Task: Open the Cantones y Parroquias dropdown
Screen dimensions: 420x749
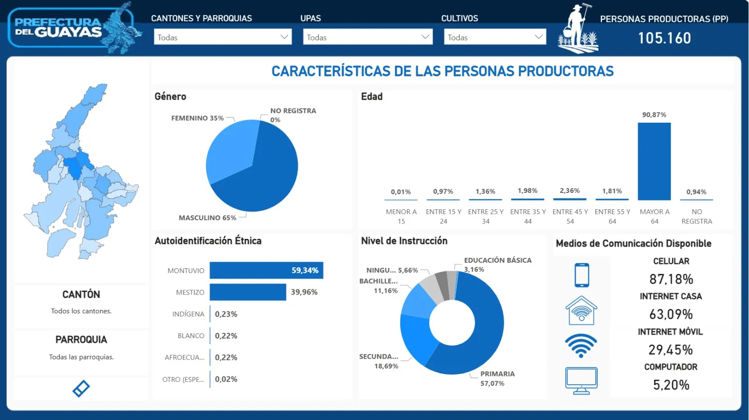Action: tap(222, 37)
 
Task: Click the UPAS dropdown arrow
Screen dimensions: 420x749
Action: tap(425, 37)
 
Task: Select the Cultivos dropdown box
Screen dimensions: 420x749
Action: tap(494, 37)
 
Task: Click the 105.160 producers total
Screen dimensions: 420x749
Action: tap(664, 38)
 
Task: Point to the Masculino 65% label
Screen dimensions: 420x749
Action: tap(207, 218)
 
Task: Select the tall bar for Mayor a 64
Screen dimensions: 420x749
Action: tap(654, 162)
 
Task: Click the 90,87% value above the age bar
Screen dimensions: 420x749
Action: tap(654, 115)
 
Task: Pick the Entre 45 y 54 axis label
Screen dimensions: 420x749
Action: tap(570, 216)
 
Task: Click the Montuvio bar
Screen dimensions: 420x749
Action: tap(266, 271)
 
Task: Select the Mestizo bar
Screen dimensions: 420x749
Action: tap(248, 292)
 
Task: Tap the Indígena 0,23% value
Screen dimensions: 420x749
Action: tap(226, 314)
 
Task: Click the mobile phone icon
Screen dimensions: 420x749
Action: tap(581, 275)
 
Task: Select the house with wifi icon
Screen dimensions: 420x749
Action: tap(581, 310)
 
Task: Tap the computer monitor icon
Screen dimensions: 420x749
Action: tap(581, 380)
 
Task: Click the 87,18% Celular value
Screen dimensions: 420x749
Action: tap(671, 280)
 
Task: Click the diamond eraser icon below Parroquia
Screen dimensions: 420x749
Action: tap(81, 388)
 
